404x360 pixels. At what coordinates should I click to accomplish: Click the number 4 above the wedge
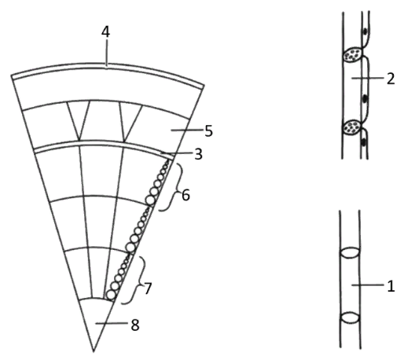coord(105,32)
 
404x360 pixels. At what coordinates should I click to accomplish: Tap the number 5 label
coord(208,130)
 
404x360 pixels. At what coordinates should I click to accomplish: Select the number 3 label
coord(199,154)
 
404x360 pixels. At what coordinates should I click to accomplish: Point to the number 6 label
coord(185,195)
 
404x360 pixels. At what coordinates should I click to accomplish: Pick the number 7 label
coord(148,288)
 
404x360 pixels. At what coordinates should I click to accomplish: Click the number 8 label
coord(135,325)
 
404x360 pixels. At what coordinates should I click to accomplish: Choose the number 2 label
coord(391,79)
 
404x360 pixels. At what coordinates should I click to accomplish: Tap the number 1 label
coord(391,286)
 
